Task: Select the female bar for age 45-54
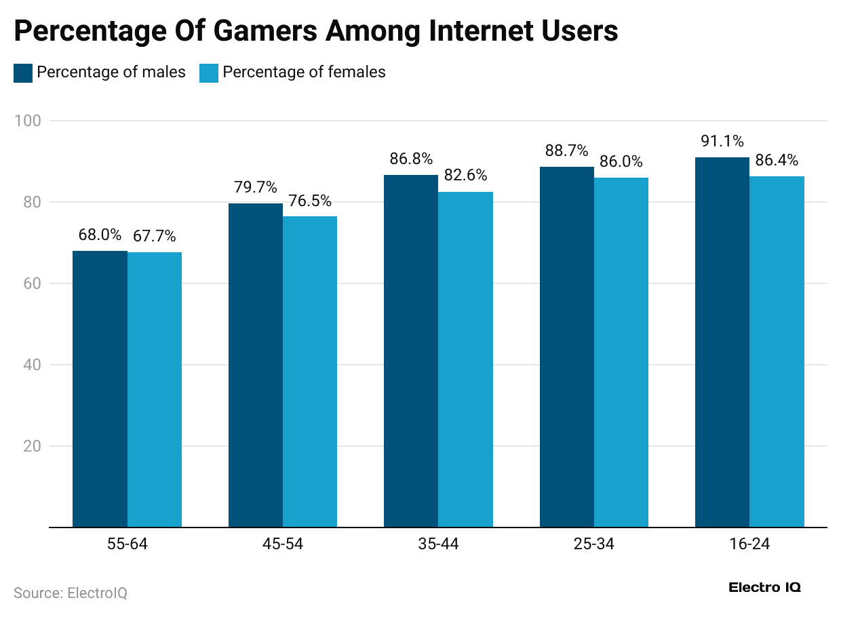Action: pos(310,371)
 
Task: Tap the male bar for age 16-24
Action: pos(722,342)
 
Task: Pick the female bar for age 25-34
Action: pos(621,352)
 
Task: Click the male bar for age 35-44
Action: pos(411,351)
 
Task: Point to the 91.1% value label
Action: pos(722,142)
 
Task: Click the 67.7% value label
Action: pos(155,237)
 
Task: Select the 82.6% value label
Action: pos(465,176)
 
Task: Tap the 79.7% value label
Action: pos(256,187)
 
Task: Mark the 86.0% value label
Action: pos(621,162)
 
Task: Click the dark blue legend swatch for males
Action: pos(23,73)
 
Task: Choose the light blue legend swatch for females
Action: pos(209,73)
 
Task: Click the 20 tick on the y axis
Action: pos(34,446)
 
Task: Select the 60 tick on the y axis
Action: pos(34,283)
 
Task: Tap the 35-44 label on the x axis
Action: pos(438,544)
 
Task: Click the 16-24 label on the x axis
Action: pos(749,544)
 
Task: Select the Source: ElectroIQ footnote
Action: pos(71,593)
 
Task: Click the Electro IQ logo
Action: pos(764,588)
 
